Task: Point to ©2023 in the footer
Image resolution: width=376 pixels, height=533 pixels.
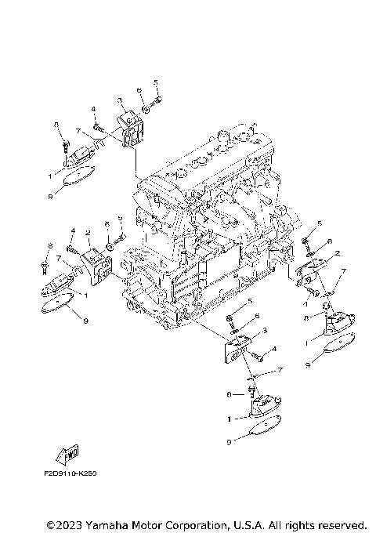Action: tap(63, 523)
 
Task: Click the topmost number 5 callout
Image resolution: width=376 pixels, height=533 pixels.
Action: tap(156, 82)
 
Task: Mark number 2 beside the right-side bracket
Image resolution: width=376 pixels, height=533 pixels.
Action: tap(337, 254)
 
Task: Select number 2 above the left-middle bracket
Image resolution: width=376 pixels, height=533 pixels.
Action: tap(88, 233)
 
